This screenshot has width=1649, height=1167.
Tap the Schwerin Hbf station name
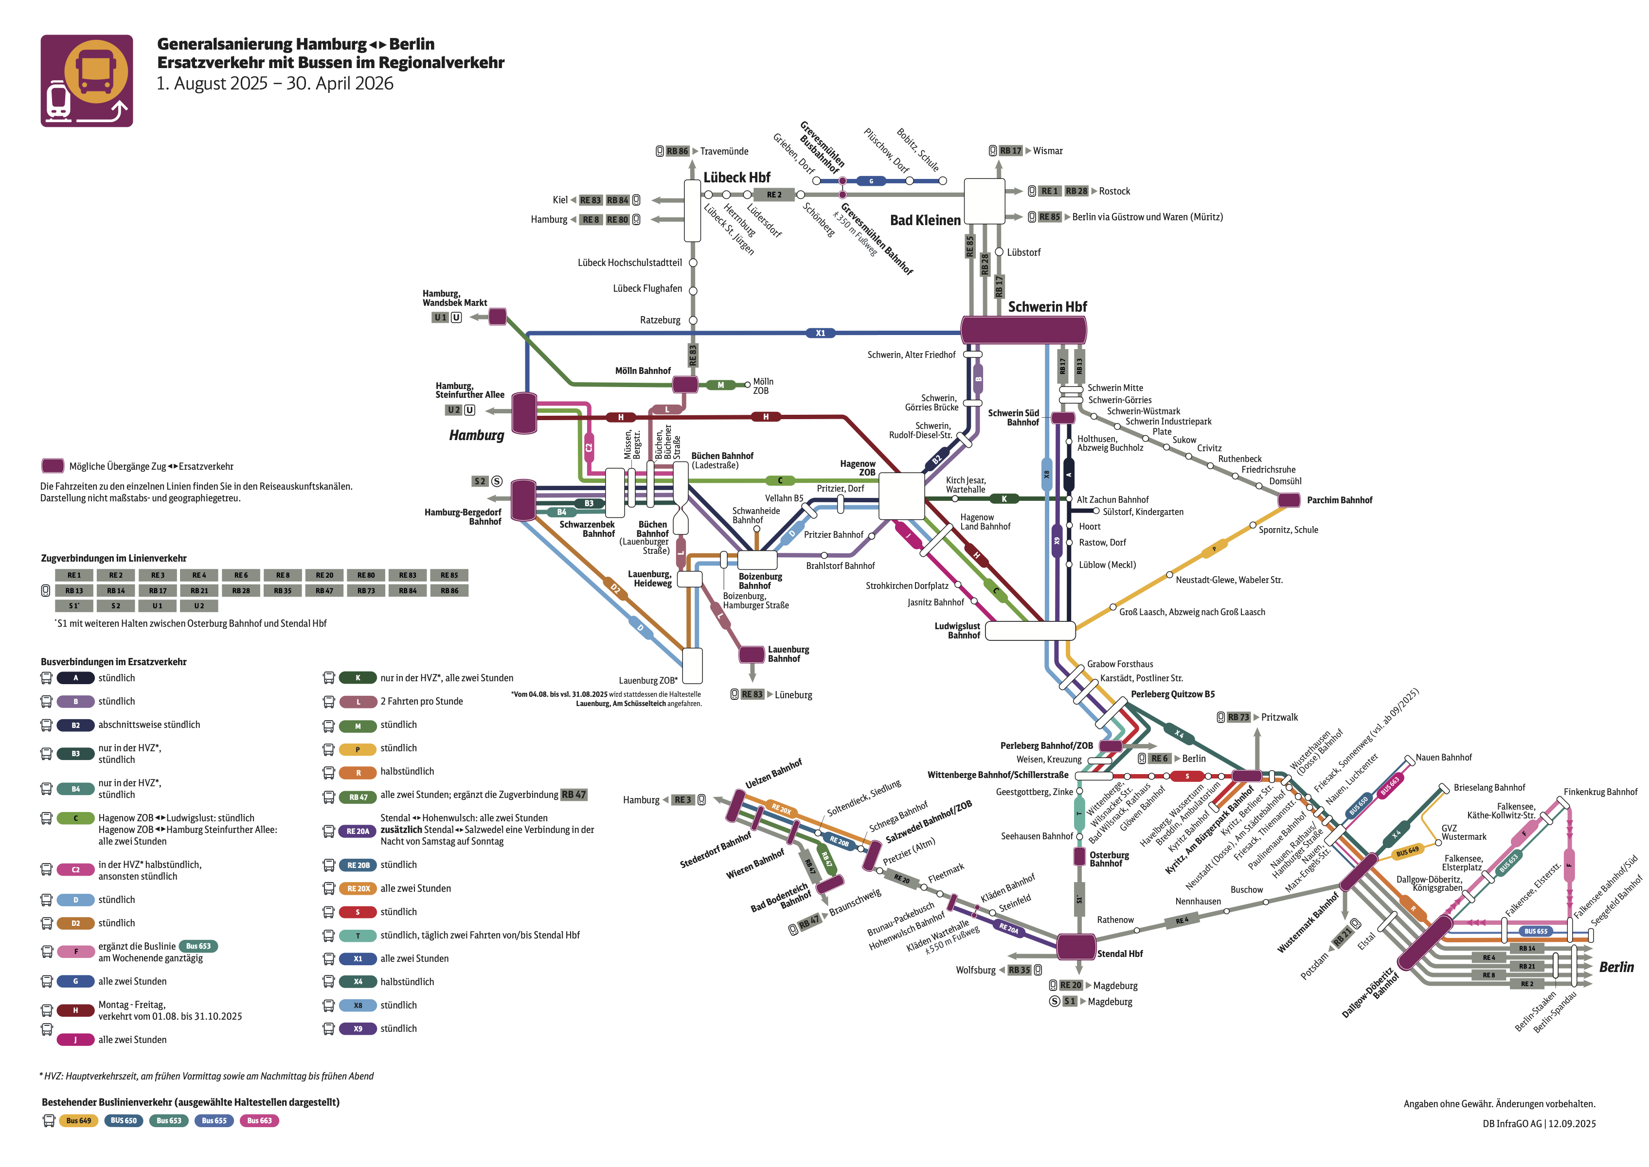click(1047, 307)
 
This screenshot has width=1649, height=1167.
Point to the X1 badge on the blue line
click(820, 334)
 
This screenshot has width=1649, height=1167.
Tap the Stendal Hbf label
click(1119, 954)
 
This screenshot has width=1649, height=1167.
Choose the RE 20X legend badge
click(358, 889)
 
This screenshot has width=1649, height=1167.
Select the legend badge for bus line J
click(75, 1040)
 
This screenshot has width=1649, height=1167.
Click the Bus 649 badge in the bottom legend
click(78, 1121)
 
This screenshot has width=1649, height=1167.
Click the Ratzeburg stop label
click(660, 320)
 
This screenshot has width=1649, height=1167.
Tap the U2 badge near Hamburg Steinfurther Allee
click(453, 410)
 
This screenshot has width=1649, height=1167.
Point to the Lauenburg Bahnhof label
click(788, 654)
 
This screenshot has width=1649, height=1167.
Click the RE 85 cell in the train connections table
click(449, 575)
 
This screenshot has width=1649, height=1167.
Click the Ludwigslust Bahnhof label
click(957, 631)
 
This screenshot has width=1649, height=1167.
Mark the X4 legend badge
click(358, 982)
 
